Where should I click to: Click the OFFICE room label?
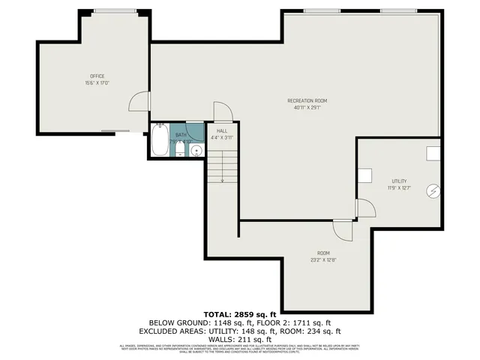click(x=97, y=76)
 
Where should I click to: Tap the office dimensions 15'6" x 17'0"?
click(x=97, y=83)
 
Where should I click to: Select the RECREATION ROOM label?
click(x=307, y=100)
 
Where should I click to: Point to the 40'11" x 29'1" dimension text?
click(x=307, y=108)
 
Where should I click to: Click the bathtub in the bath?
click(x=160, y=140)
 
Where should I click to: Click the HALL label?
click(x=222, y=130)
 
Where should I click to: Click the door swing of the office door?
click(x=139, y=101)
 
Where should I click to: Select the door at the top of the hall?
click(x=223, y=112)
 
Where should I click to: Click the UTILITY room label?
click(x=399, y=181)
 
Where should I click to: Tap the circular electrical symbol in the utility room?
click(x=433, y=191)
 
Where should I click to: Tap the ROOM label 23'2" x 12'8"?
click(x=323, y=257)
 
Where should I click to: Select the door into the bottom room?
click(x=342, y=229)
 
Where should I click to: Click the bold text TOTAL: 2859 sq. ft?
click(x=241, y=313)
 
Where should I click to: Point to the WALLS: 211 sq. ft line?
click(x=241, y=338)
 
